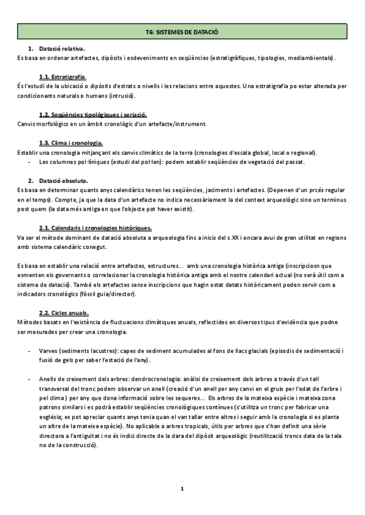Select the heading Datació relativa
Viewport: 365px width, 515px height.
pos(62,48)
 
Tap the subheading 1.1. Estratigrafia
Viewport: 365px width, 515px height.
pos(63,77)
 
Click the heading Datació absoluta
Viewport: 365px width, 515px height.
pos(63,181)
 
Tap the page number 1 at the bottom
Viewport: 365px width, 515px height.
pos(182,488)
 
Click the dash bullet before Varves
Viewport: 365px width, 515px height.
pos(30,351)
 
